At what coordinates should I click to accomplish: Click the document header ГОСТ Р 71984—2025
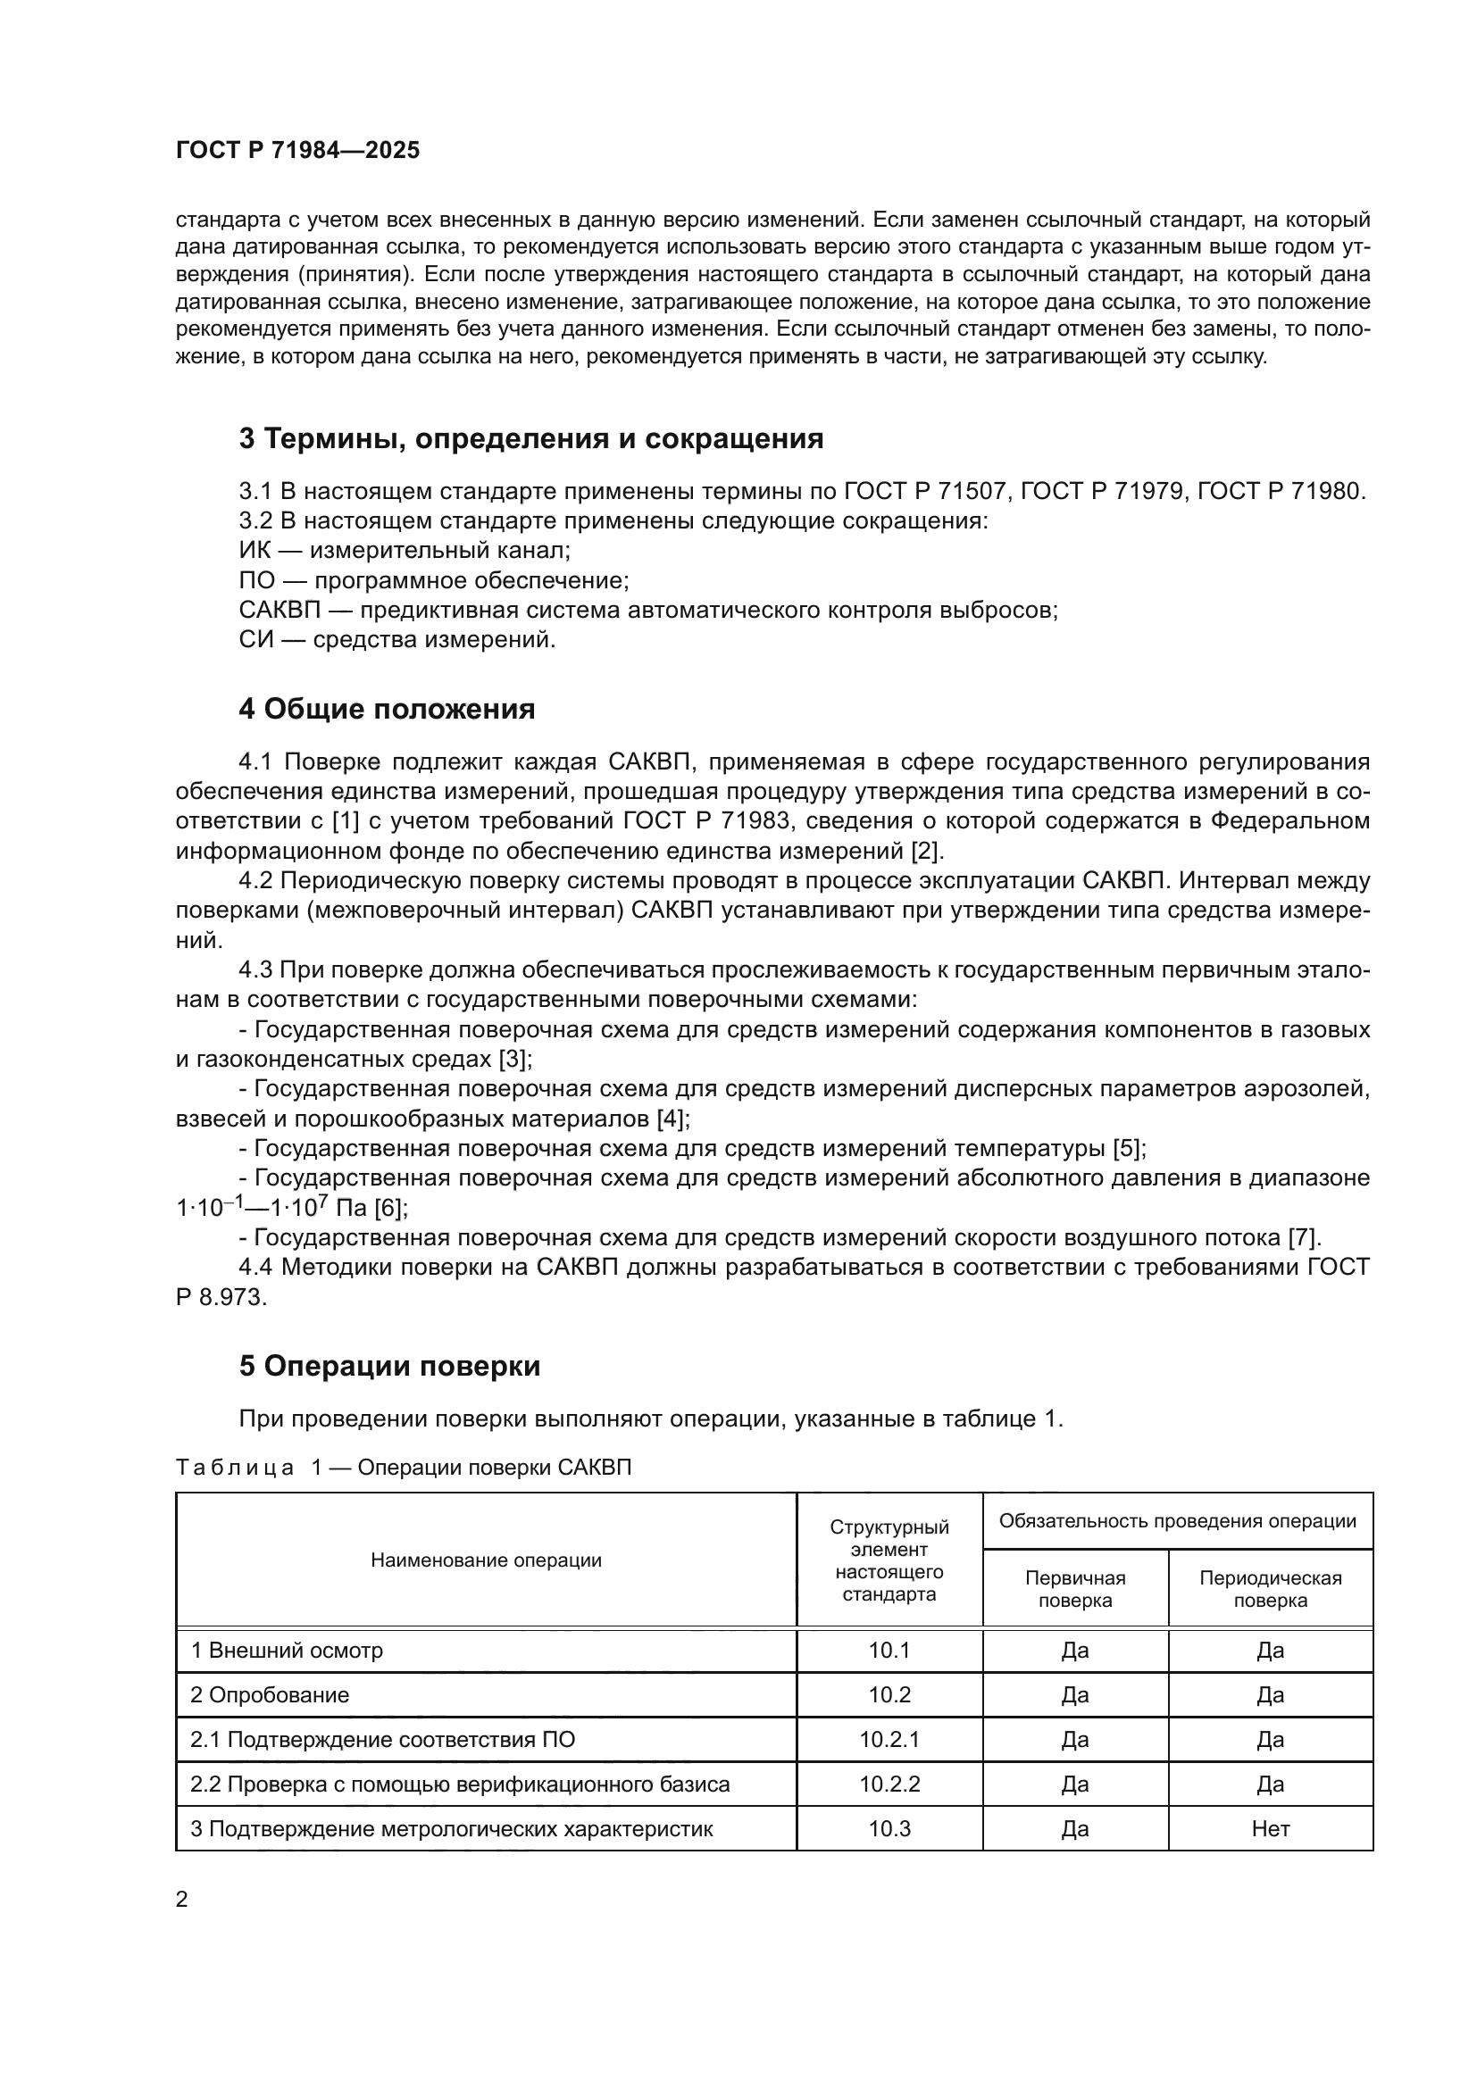(x=297, y=151)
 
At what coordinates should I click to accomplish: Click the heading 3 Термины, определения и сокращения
(x=530, y=439)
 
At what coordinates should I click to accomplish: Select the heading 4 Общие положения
(x=387, y=710)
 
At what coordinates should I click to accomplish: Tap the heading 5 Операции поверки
(x=389, y=1367)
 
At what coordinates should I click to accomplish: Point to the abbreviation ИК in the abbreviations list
(x=255, y=551)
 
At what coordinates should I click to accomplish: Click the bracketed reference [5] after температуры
(x=1129, y=1149)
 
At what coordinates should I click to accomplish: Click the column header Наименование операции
(x=486, y=1560)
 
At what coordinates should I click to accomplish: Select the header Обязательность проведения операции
(x=1177, y=1520)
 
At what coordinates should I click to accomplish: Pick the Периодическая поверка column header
(x=1270, y=1589)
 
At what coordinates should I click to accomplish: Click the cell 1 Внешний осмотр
(x=287, y=1651)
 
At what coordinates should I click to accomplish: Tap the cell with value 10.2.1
(x=889, y=1740)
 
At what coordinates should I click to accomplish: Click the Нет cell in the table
(x=1270, y=1829)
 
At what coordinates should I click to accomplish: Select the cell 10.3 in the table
(x=889, y=1829)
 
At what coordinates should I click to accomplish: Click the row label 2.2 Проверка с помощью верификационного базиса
(x=459, y=1784)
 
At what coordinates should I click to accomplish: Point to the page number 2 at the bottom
(x=182, y=1900)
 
